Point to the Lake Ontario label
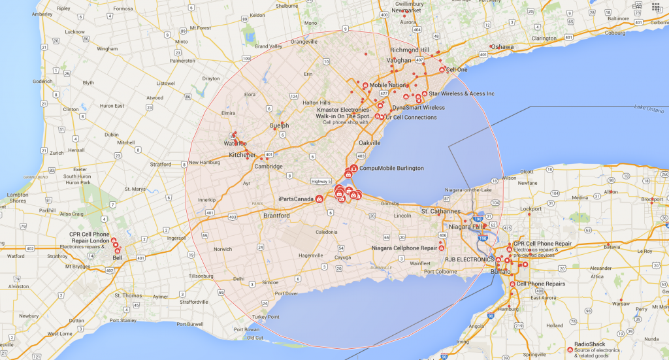click(x=648, y=107)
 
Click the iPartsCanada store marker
click(x=319, y=199)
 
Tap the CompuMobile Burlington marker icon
click(x=354, y=168)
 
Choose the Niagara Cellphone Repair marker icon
click(x=442, y=248)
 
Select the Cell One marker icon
click(x=442, y=70)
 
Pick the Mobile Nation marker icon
click(x=365, y=85)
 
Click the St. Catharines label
click(x=441, y=212)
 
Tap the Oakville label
click(x=370, y=142)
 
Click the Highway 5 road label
click(x=321, y=181)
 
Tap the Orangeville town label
click(x=304, y=42)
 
